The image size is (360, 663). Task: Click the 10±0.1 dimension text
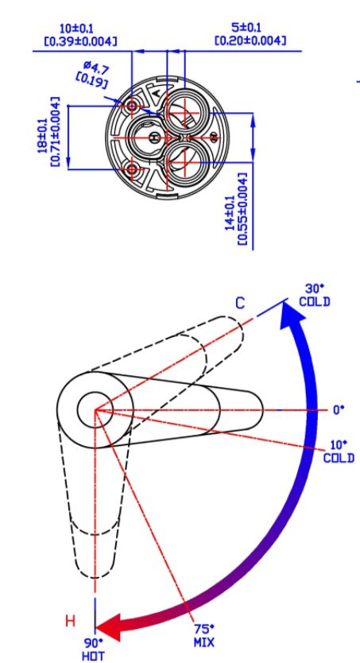(76, 29)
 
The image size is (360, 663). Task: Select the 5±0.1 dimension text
(246, 28)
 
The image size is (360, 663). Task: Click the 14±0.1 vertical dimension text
(230, 213)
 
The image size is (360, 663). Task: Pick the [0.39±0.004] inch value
(80, 41)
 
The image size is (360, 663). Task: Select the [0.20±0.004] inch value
(250, 41)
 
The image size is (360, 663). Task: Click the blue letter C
(239, 303)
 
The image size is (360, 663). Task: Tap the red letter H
(70, 621)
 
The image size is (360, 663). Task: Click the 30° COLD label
(315, 295)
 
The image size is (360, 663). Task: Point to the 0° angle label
(339, 409)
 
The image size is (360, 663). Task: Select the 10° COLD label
(339, 452)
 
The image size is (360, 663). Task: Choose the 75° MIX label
(204, 636)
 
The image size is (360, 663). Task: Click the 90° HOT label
(94, 649)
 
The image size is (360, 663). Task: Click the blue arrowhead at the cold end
(292, 314)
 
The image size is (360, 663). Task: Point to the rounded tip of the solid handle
(263, 410)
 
